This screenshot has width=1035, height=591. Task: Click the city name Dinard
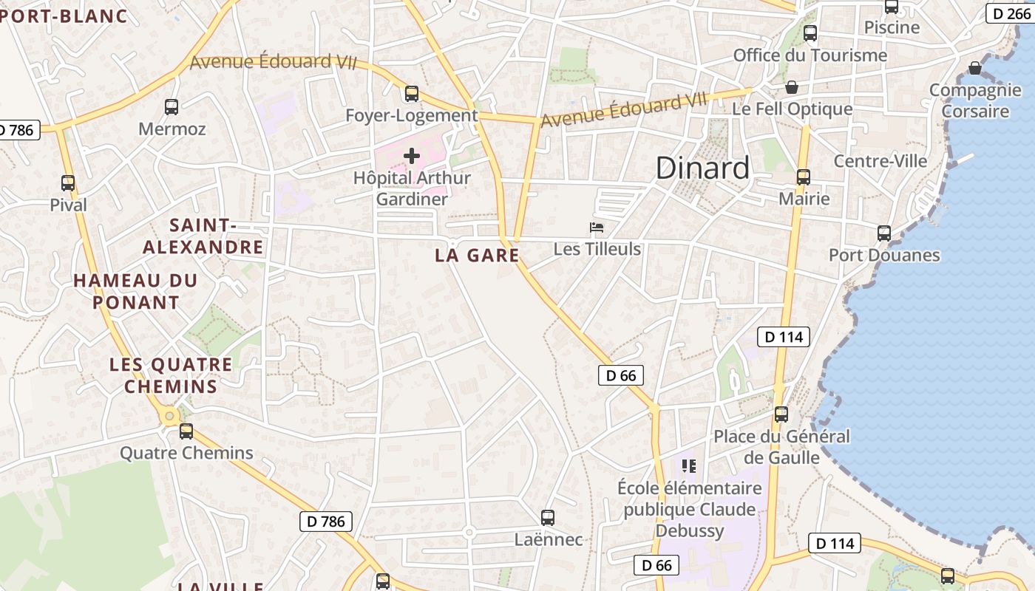702,168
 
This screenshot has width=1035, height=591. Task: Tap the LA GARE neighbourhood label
477,256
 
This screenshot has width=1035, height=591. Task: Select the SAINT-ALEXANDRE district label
203,236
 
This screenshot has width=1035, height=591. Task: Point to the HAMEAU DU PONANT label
136,291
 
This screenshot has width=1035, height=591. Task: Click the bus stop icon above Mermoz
172,107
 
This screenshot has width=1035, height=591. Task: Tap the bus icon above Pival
68,183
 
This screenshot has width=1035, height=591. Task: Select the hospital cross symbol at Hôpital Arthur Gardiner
412,156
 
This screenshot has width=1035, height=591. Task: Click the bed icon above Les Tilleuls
597,227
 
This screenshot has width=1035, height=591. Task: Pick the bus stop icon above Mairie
804,177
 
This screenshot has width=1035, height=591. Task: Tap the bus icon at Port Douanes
884,233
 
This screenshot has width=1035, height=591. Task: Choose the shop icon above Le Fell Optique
792,87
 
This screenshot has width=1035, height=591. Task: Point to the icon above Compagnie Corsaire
975,68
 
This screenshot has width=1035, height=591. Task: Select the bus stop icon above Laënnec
548,518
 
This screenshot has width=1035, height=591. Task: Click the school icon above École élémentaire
689,465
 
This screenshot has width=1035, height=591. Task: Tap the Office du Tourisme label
810,55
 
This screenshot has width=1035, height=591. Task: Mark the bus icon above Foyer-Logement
412,94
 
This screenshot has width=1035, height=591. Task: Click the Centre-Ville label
880,161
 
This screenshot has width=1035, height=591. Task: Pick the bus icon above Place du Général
781,414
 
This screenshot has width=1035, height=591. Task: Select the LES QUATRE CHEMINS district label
171,375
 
